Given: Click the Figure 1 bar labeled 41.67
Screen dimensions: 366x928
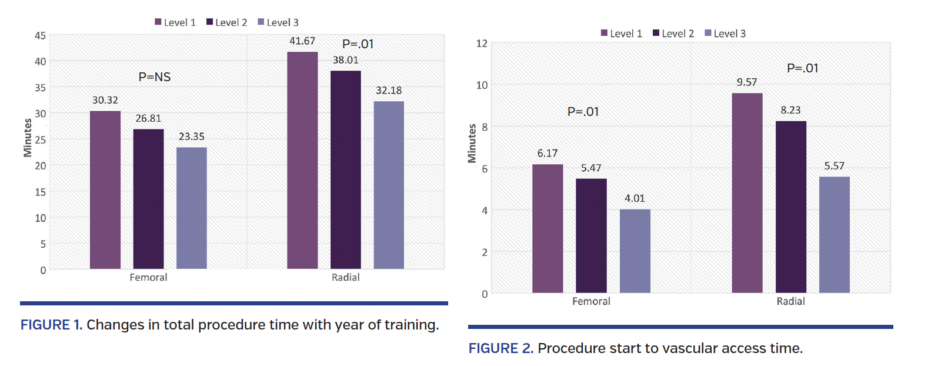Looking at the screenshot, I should pos(302,160).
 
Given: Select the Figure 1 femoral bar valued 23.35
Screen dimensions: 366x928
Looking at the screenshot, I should pos(192,208).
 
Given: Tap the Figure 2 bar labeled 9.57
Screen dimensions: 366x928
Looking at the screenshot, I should pos(747,192).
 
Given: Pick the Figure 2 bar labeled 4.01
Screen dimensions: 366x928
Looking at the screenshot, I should pos(635,251).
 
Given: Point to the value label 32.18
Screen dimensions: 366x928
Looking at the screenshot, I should pos(389,91).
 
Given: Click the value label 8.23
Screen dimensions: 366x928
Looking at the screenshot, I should pos(790,110).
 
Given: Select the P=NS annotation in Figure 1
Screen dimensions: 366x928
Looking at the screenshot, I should pos(155,77).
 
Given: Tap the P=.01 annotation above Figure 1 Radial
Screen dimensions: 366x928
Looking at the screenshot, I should pos(358,44).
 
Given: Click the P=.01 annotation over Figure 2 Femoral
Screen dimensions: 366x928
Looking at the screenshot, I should pos(583,112).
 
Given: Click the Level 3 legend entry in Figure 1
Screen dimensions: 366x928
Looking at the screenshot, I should pos(278,22).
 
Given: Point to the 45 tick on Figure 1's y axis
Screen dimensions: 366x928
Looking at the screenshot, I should pos(40,36).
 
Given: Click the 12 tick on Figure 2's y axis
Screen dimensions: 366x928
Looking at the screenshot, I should pos(482,44).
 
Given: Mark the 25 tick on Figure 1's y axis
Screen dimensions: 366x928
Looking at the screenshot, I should pos(40,140).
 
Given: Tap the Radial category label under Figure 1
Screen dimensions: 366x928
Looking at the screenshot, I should pos(345,277).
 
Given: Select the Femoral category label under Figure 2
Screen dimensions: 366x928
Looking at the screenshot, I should pos(591,301).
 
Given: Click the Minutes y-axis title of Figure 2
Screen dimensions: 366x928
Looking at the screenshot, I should pos(472,143).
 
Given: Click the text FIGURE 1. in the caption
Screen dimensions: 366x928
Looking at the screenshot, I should pos(51,325).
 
